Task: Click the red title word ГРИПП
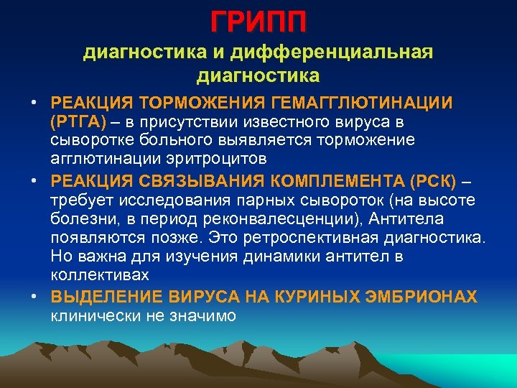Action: tap(258, 22)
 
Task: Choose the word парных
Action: tap(244, 199)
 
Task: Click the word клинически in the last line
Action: tap(88, 315)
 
